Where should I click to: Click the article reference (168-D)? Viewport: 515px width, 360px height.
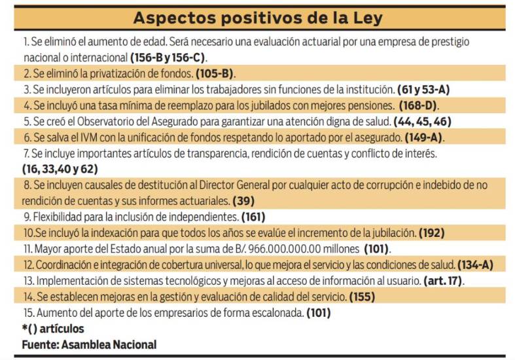[414, 105]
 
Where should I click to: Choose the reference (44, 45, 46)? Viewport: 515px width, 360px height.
[422, 121]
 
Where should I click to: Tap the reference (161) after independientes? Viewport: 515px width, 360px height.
[254, 217]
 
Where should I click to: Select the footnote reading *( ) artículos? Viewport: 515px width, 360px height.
[53, 329]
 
